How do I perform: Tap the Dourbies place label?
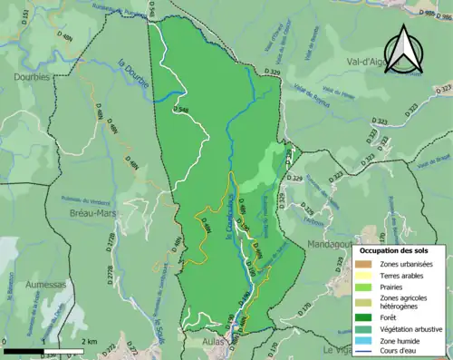tap(30, 77)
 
